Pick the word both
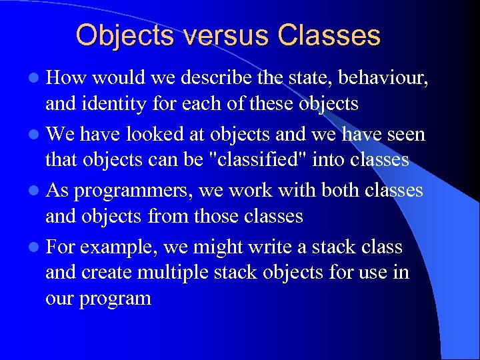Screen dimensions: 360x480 pos(341,191)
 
